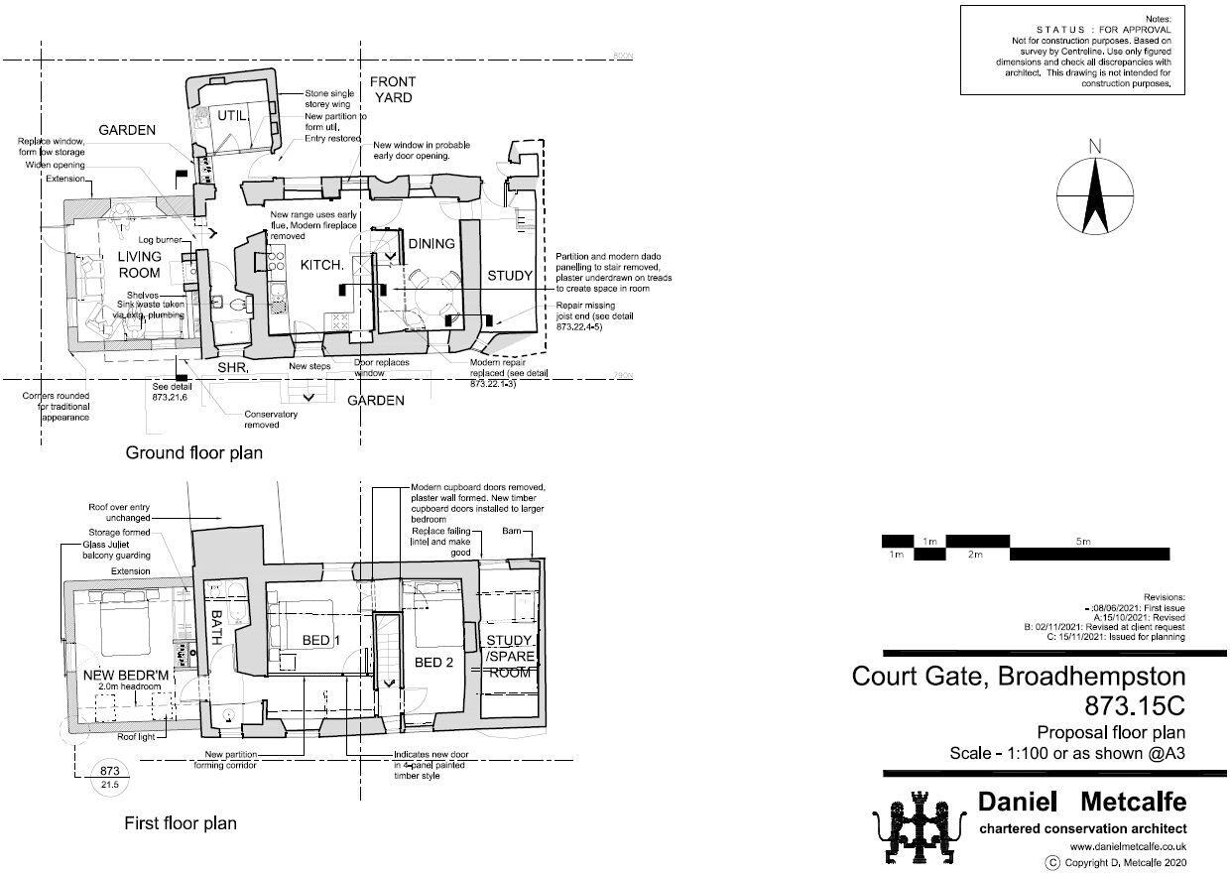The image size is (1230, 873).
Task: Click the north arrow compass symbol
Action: (1095, 189)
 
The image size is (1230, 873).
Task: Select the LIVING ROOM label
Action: (139, 265)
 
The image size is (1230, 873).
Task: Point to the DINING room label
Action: (431, 244)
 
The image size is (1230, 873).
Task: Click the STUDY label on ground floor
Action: (510, 276)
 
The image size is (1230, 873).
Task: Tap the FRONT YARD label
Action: (393, 89)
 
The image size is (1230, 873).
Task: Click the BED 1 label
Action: (321, 641)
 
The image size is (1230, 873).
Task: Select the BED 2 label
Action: (433, 662)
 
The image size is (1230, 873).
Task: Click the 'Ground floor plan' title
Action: (193, 452)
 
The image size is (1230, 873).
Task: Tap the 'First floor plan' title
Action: (181, 822)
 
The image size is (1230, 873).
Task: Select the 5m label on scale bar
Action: (1082, 542)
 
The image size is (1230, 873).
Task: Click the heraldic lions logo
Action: (918, 826)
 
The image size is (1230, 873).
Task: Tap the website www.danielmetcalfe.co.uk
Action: (1128, 846)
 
